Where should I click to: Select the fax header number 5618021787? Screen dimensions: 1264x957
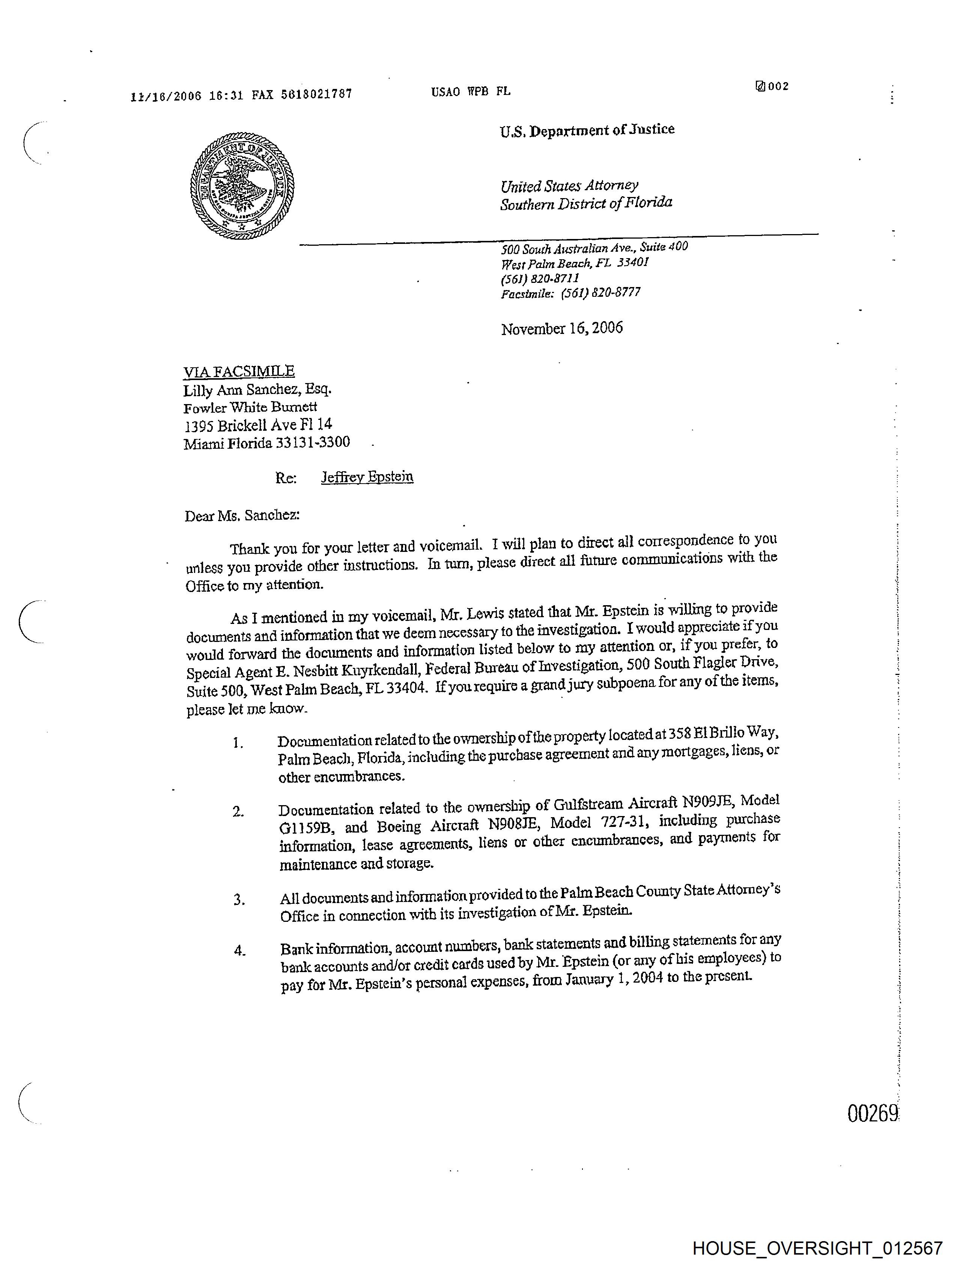pyautogui.click(x=316, y=94)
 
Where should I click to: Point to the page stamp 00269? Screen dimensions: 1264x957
pyautogui.click(x=873, y=1114)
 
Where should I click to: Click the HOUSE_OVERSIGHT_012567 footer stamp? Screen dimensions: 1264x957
pyautogui.click(x=817, y=1248)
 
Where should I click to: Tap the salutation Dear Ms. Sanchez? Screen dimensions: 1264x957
pyautogui.click(x=242, y=516)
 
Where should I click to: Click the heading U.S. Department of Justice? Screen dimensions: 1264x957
pyautogui.click(x=587, y=130)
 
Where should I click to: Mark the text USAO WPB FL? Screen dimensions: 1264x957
pyautogui.click(x=471, y=92)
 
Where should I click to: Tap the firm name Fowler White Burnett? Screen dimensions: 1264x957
pyautogui.click(x=250, y=407)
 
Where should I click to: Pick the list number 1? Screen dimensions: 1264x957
pyautogui.click(x=238, y=743)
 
